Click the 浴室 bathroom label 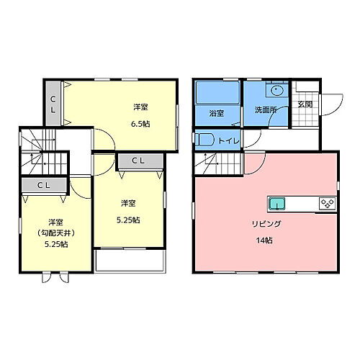(x=216, y=114)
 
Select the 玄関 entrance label (x=305, y=104)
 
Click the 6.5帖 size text (x=140, y=124)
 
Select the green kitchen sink (x=277, y=203)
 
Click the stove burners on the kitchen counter (x=327, y=203)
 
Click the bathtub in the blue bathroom (x=217, y=93)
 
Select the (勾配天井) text (x=55, y=233)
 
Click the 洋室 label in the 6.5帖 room (x=140, y=108)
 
